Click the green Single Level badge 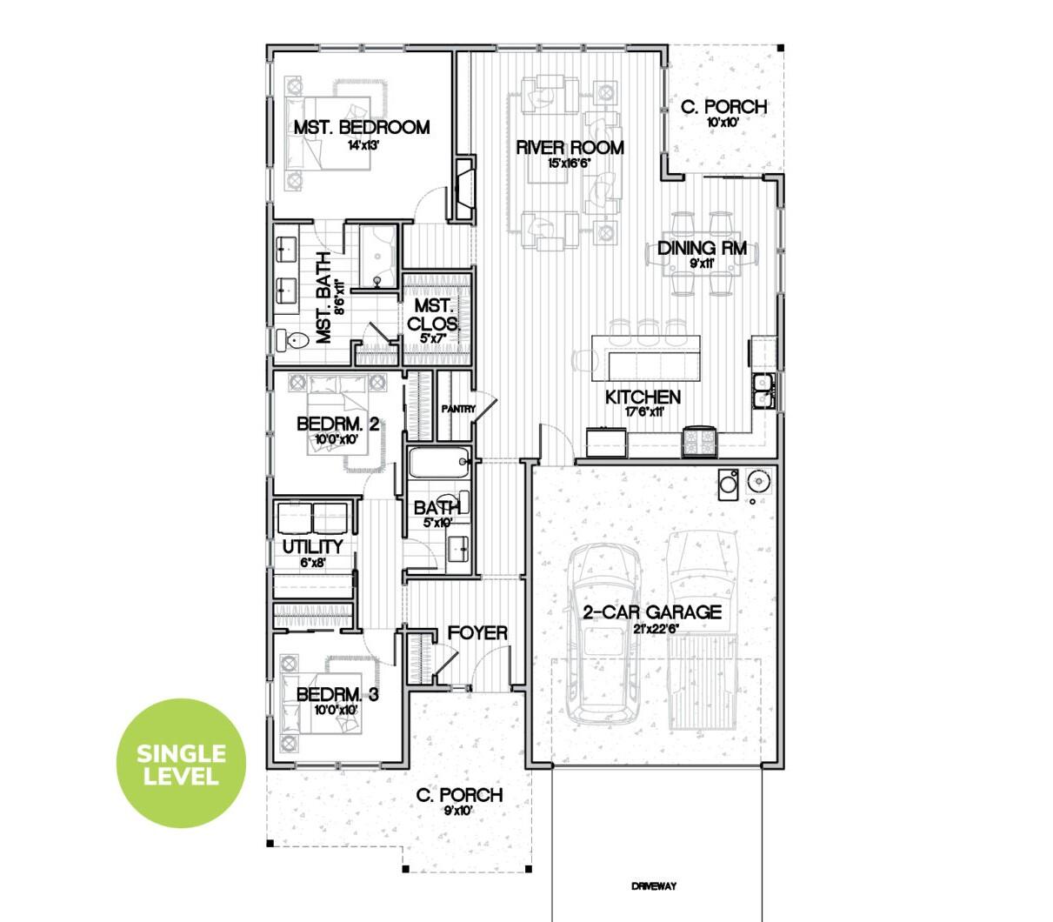pyautogui.click(x=181, y=765)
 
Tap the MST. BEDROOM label pyautogui.click(x=361, y=127)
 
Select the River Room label pyautogui.click(x=570, y=147)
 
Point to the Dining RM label pyautogui.click(x=702, y=248)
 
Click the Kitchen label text pyautogui.click(x=643, y=398)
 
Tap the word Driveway pyautogui.click(x=654, y=887)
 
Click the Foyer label pyautogui.click(x=477, y=633)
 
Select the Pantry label pyautogui.click(x=457, y=408)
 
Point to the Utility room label pyautogui.click(x=312, y=547)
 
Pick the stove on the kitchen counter pyautogui.click(x=699, y=441)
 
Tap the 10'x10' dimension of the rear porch pyautogui.click(x=723, y=123)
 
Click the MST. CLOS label pyautogui.click(x=432, y=315)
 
